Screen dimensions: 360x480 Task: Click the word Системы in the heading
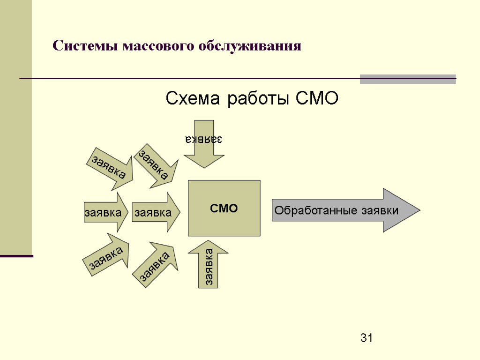[85, 46]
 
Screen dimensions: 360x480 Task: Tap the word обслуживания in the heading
[249, 47]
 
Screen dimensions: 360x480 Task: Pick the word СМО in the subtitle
[317, 99]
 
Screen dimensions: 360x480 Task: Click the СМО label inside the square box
[224, 208]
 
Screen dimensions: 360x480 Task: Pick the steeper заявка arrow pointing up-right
[157, 264]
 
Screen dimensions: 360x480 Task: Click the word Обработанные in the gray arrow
[316, 210]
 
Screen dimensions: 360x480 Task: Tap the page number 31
[366, 337]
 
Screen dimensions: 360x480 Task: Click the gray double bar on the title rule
[407, 79]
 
